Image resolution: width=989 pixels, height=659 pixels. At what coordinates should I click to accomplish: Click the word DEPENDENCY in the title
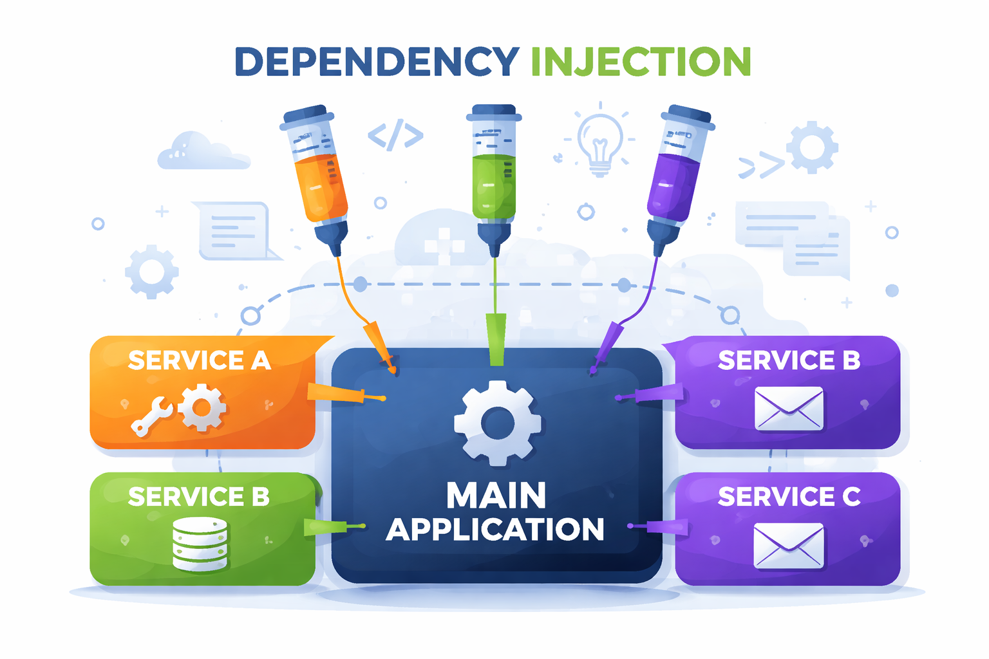click(x=377, y=62)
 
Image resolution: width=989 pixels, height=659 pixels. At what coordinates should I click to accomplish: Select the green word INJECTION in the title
click(x=641, y=62)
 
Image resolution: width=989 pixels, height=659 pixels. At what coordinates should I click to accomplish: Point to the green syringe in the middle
click(x=494, y=180)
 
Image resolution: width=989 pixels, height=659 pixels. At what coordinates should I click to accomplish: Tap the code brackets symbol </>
click(x=395, y=135)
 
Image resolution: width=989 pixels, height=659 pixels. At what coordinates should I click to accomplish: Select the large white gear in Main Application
click(x=497, y=423)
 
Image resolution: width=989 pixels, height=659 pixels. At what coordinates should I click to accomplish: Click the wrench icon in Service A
click(x=151, y=416)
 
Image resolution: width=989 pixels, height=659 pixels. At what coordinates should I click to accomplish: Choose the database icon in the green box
click(x=200, y=544)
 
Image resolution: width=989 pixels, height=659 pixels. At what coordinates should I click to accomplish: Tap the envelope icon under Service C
click(x=788, y=546)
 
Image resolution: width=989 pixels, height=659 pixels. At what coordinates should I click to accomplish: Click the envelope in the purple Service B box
click(x=788, y=409)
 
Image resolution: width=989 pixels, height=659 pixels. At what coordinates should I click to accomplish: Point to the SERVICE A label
click(x=199, y=360)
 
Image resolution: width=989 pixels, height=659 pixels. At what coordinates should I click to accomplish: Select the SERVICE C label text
click(x=789, y=497)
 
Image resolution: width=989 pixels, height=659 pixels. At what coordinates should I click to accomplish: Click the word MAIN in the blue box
click(x=496, y=496)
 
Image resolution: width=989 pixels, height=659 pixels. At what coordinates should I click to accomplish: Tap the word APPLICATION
click(x=494, y=530)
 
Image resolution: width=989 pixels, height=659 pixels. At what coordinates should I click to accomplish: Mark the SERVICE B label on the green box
click(x=198, y=497)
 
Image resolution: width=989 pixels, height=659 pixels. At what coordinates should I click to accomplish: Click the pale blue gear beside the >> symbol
click(x=812, y=147)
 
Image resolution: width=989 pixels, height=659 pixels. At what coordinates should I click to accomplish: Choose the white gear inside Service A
click(x=202, y=407)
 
